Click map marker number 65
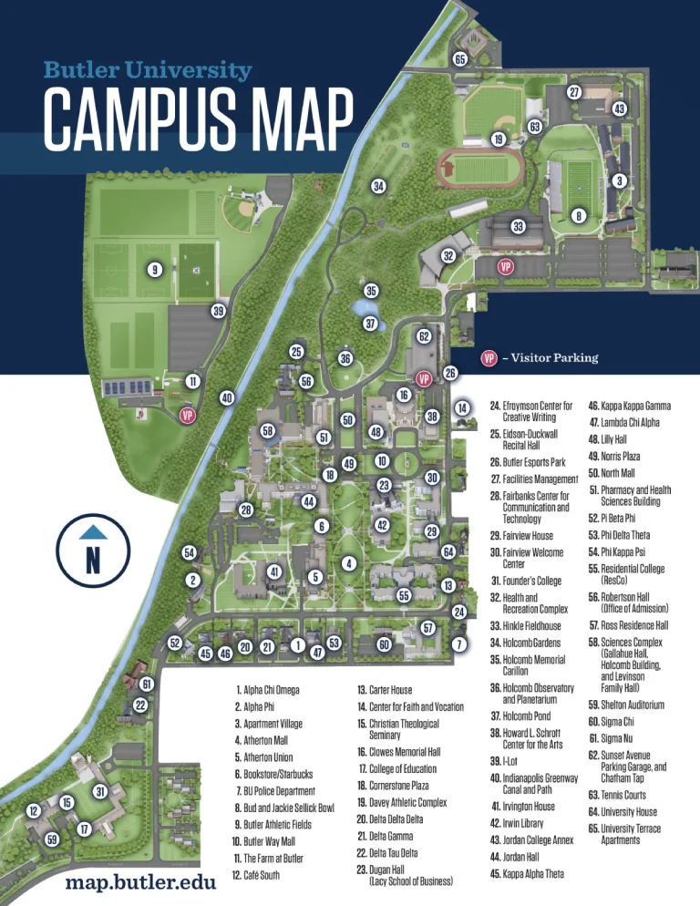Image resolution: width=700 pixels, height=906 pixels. pos(460,60)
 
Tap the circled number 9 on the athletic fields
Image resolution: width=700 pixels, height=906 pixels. pos(155,270)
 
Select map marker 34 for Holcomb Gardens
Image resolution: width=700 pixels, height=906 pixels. pos(377,187)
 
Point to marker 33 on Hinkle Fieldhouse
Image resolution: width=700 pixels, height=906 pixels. pos(519,226)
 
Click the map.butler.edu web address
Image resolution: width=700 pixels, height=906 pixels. pos(140,884)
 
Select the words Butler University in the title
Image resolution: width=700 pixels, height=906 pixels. pos(148,70)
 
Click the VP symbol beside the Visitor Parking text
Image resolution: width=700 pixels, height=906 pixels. pos(489,358)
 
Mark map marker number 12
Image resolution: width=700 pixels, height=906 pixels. pos(35,810)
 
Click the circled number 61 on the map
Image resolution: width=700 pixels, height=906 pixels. pos(147,685)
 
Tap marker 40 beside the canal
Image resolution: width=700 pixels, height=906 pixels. pos(227,397)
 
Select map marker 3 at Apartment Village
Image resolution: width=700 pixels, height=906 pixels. pos(619,181)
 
